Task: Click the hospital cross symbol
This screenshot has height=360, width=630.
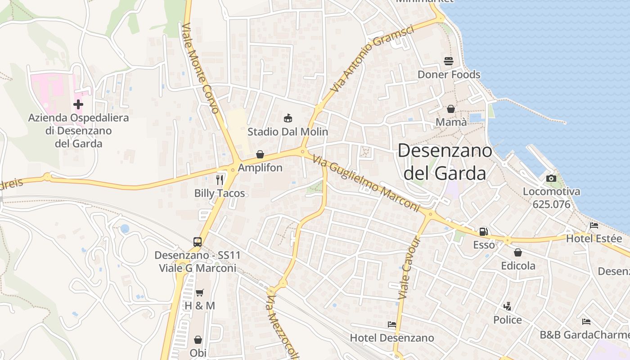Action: click(78, 104)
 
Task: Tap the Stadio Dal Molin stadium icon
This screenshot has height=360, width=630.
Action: click(288, 118)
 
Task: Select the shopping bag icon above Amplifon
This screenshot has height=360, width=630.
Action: click(260, 154)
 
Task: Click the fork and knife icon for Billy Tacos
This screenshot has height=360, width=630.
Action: click(220, 180)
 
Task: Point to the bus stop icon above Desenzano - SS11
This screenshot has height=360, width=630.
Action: click(198, 242)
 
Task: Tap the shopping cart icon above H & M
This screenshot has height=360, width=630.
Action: click(200, 292)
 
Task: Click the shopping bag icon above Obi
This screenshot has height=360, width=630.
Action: click(198, 340)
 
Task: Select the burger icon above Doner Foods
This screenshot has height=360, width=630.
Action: click(449, 61)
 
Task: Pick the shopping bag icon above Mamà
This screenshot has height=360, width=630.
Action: click(450, 109)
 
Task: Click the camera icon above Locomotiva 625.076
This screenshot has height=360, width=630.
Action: click(551, 178)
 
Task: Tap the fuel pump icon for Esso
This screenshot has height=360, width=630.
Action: click(484, 232)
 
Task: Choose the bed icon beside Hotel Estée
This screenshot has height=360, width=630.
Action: click(594, 225)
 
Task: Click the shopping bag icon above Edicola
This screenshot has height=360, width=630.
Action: click(518, 252)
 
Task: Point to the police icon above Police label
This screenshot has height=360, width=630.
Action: click(508, 306)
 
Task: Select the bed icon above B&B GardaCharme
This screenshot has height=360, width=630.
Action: click(586, 321)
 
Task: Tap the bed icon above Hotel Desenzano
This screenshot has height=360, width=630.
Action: click(392, 324)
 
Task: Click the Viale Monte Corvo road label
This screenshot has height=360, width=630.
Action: click(200, 68)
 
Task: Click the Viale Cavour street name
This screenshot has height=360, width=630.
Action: click(409, 268)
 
